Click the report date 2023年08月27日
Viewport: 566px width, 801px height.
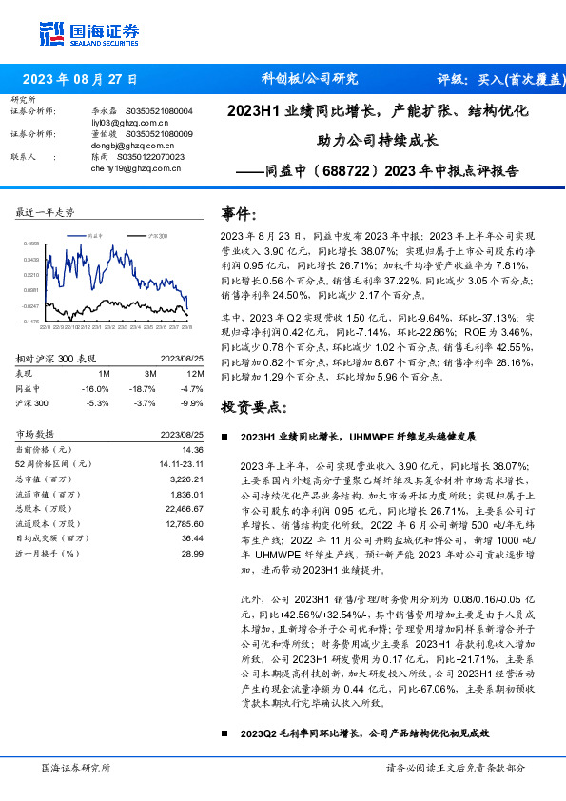[79, 79]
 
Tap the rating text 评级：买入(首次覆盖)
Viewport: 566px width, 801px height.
[500, 79]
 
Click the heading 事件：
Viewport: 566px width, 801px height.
[239, 213]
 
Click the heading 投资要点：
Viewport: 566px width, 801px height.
[253, 406]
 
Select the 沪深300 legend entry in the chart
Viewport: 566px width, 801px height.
[152, 234]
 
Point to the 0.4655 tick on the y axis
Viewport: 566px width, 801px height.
[30, 244]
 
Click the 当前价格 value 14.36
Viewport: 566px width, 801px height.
[192, 449]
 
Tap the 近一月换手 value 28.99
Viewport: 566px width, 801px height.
[192, 553]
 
